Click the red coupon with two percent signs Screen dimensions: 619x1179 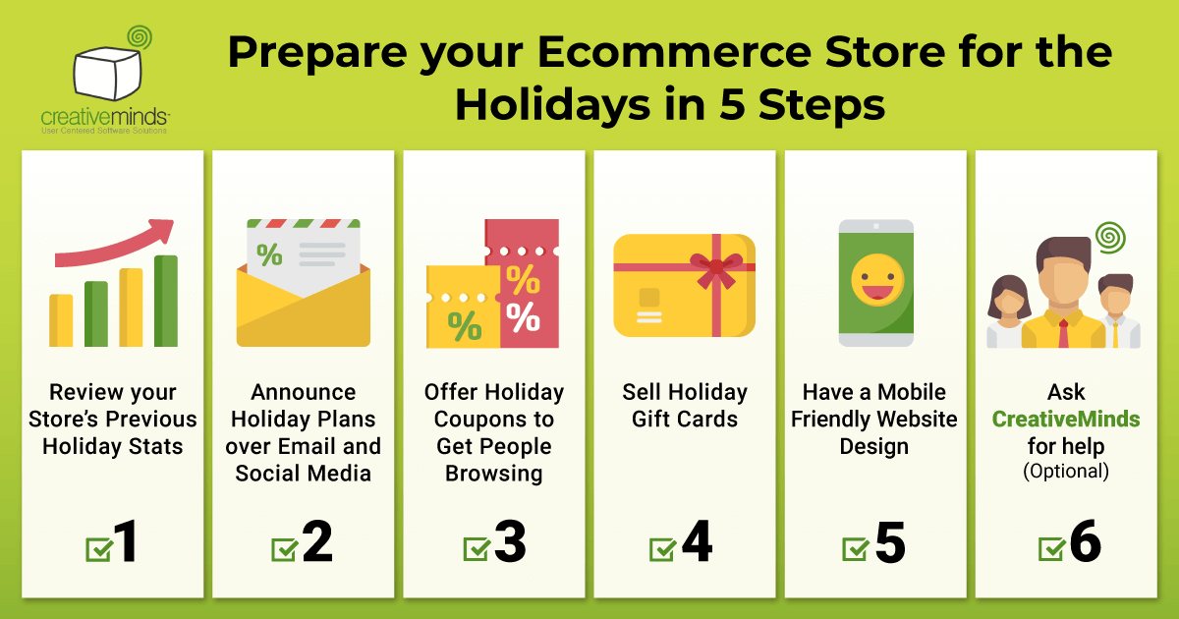(x=523, y=285)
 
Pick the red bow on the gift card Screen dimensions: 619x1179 (x=716, y=268)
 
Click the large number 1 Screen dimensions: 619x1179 (x=126, y=543)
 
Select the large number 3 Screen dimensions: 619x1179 (x=510, y=543)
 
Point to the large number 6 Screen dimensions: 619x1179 (x=1085, y=543)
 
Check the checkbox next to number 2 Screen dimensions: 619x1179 (x=285, y=548)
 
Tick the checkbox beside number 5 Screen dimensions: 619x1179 (x=857, y=548)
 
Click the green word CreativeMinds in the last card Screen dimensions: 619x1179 (x=1066, y=420)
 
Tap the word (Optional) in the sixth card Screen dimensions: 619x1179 (x=1066, y=472)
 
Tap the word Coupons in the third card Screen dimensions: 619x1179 (x=493, y=420)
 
